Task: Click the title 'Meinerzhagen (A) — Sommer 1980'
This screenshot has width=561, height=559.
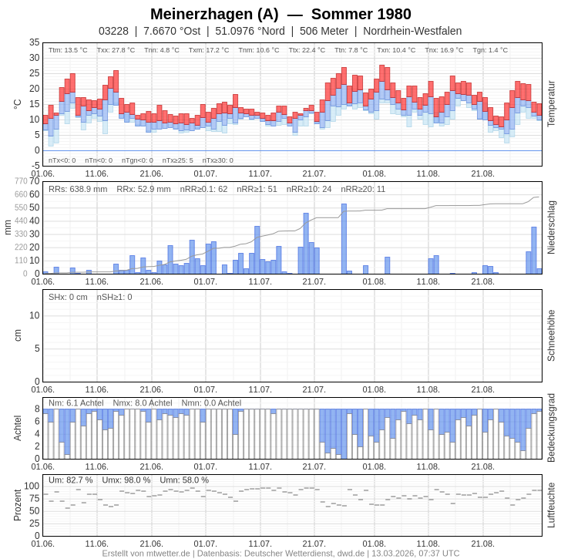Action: click(280, 14)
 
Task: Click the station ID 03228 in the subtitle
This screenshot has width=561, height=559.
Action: click(113, 31)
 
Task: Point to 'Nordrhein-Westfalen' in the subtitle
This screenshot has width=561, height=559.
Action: click(412, 31)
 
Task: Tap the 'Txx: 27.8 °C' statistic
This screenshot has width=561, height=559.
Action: click(116, 50)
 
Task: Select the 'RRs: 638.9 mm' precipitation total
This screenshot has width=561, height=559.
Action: click(78, 189)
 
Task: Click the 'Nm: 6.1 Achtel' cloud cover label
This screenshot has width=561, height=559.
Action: click(76, 402)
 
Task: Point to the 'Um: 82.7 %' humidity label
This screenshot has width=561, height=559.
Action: click(70, 480)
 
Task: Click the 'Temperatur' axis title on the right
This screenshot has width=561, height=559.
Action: click(551, 103)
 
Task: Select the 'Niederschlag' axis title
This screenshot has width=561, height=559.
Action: click(551, 227)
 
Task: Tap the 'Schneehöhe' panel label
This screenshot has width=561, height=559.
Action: click(551, 335)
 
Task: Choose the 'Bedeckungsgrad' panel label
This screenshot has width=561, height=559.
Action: click(551, 428)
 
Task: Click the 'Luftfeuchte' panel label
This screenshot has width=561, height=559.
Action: click(551, 505)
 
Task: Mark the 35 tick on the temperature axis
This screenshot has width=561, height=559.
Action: click(35, 42)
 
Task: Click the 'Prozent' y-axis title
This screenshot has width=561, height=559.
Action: click(18, 505)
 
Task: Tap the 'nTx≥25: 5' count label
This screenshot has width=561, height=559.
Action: click(177, 160)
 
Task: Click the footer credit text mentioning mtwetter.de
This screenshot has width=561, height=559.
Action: click(280, 553)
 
